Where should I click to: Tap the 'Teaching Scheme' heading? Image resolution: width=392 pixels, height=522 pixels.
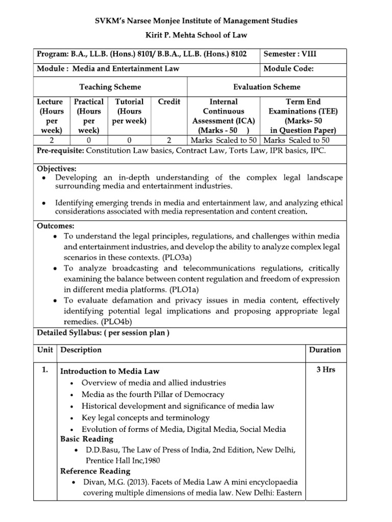pyautogui.click(x=110, y=87)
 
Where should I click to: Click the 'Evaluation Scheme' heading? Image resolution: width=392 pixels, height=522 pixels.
pyautogui.click(x=267, y=87)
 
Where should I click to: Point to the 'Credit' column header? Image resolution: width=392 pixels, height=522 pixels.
pyautogui.click(x=169, y=101)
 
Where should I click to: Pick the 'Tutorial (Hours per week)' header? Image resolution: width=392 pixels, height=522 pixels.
pyautogui.click(x=129, y=111)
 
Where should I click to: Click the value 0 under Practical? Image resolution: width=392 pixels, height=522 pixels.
pyautogui.click(x=89, y=140)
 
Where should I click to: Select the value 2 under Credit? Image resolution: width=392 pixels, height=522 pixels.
pyautogui.click(x=169, y=140)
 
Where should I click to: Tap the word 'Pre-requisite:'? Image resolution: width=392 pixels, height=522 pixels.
pyautogui.click(x=61, y=151)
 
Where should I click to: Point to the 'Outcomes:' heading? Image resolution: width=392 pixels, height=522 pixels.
pyautogui.click(x=56, y=226)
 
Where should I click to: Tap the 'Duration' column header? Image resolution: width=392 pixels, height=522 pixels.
pyautogui.click(x=325, y=350)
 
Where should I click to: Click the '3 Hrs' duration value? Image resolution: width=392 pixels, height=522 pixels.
pyautogui.click(x=325, y=370)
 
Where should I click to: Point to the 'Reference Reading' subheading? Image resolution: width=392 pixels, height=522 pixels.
pyautogui.click(x=95, y=471)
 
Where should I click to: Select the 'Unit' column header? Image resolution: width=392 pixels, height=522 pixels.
pyautogui.click(x=45, y=350)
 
